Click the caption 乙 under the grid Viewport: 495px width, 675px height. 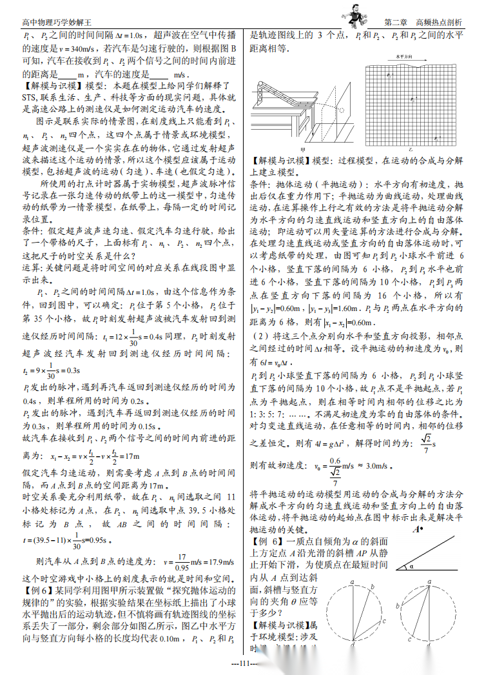411,150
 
